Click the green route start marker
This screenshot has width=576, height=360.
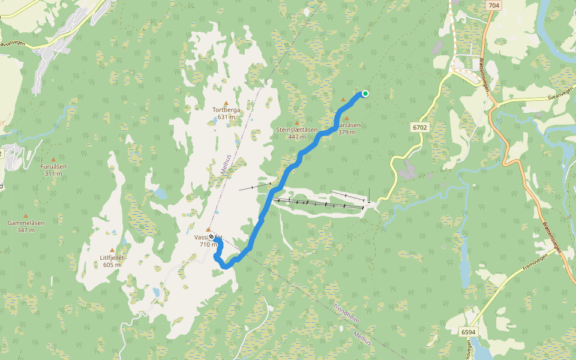[x=365, y=93]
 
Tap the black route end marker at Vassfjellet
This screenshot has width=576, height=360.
[x=211, y=237]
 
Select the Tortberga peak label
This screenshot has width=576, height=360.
[x=226, y=110]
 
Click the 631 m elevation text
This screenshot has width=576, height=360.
[x=226, y=117]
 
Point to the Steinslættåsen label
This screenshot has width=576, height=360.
[x=296, y=130]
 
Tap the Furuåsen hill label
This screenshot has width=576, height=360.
[x=53, y=166]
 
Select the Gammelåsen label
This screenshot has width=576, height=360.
[x=25, y=223]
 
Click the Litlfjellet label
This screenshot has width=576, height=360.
[x=112, y=257]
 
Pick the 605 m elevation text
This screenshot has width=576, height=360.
[x=112, y=265]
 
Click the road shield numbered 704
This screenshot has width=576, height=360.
[x=494, y=5]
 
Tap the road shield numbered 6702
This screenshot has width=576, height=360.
[x=420, y=127]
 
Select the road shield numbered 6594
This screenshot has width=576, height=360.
[x=468, y=332]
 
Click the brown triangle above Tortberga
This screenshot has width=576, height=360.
[x=226, y=103]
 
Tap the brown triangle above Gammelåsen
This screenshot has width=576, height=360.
[x=25, y=215]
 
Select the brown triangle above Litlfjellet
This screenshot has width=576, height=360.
[x=112, y=250]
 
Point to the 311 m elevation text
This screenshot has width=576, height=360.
[x=53, y=173]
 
